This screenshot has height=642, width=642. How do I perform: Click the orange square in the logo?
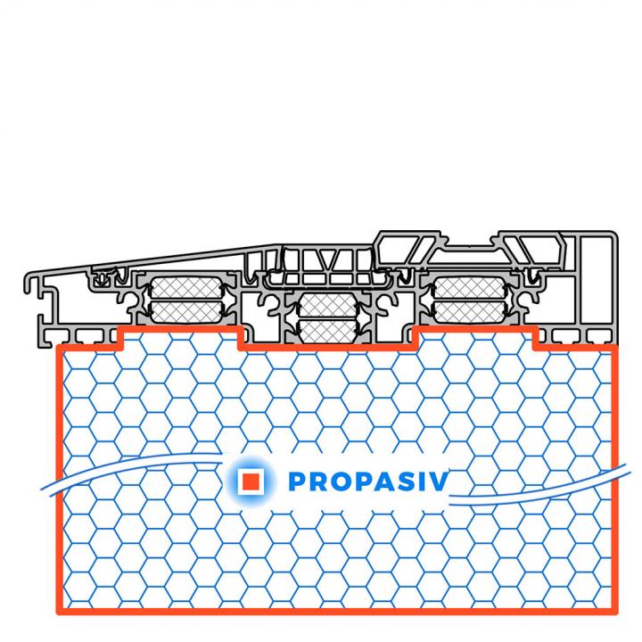pyautogui.click(x=251, y=481)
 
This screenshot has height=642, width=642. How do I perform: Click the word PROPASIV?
pyautogui.click(x=368, y=481)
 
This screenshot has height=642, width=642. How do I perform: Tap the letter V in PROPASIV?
pyautogui.click(x=439, y=481)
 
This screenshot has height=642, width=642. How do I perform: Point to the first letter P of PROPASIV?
pyautogui.click(x=297, y=481)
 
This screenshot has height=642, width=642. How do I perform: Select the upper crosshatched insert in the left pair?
pyautogui.click(x=185, y=288)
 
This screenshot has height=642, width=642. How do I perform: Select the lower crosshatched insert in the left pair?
pyautogui.click(x=185, y=312)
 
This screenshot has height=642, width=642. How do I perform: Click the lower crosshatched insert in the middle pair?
pyautogui.click(x=327, y=331)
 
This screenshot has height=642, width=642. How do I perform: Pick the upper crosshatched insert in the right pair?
pyautogui.click(x=469, y=288)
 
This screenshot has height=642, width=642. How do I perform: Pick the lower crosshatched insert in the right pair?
pyautogui.click(x=469, y=312)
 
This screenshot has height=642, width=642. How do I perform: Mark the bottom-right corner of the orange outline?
pyautogui.click(x=614, y=612)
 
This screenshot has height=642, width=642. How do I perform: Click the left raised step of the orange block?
pyautogui.click(x=180, y=329)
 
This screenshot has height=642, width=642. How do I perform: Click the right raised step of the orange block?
pyautogui.click(x=475, y=329)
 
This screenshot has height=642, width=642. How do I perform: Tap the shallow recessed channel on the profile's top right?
pyautogui.click(x=469, y=248)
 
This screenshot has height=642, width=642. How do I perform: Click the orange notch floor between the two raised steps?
pyautogui.click(x=328, y=348)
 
